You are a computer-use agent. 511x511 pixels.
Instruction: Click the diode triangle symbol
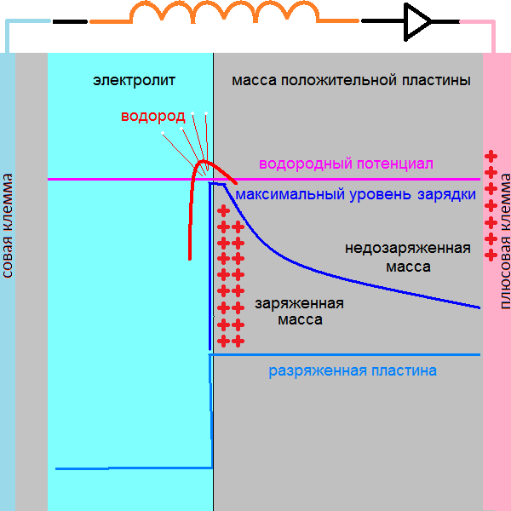(x=416, y=20)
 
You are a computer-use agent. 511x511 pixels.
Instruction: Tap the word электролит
(x=134, y=81)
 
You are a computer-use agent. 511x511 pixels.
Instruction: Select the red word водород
(x=151, y=117)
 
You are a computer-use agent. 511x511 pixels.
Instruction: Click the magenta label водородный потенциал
(x=346, y=164)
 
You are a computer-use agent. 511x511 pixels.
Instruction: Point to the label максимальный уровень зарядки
(x=355, y=195)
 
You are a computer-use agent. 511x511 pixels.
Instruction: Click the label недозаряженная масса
(x=407, y=257)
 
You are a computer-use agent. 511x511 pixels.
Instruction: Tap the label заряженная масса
(x=300, y=312)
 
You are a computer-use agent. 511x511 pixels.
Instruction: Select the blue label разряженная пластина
(x=353, y=371)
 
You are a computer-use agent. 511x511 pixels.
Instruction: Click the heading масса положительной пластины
(x=351, y=81)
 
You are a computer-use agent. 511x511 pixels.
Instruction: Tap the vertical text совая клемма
(x=7, y=227)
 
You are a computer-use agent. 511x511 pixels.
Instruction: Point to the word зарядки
(x=446, y=195)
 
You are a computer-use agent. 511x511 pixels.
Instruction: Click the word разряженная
(x=318, y=371)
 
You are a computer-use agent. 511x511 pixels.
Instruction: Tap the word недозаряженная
(x=407, y=249)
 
